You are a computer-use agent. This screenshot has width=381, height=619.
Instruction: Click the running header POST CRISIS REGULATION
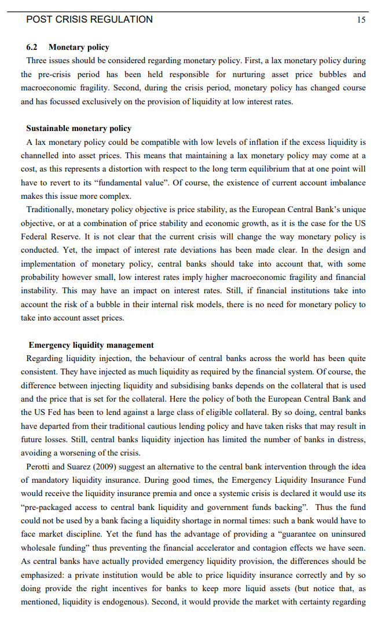[x=90, y=19]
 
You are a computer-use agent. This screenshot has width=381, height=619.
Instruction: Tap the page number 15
[x=361, y=20]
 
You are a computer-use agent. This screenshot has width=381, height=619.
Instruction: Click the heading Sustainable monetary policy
[x=79, y=128]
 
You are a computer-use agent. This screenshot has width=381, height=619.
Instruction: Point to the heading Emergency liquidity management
[x=91, y=345]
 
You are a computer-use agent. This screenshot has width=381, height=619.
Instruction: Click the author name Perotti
[x=40, y=467]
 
